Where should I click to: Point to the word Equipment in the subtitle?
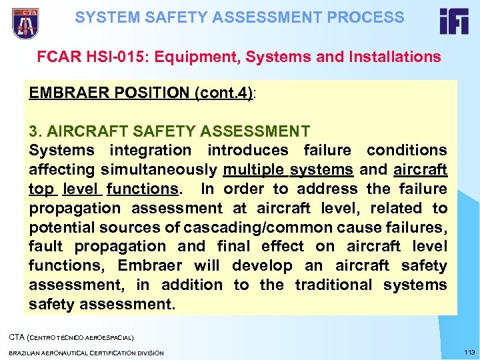(x=194, y=57)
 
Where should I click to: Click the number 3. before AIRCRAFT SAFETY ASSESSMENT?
(x=36, y=131)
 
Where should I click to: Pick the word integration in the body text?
(x=150, y=151)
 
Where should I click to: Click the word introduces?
(x=248, y=151)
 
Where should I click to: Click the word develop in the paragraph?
(x=262, y=266)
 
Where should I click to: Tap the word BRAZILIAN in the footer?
(x=27, y=352)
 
